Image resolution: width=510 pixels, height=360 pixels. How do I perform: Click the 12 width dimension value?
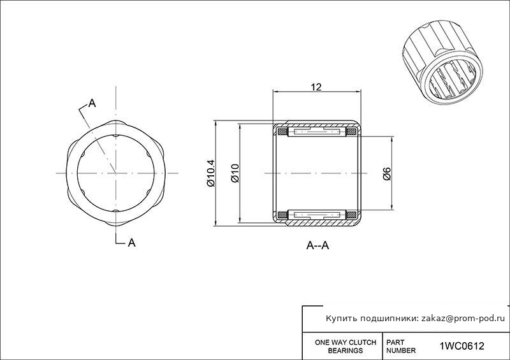coord(316,87)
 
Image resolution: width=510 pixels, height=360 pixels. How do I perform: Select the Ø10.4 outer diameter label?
coord(211,173)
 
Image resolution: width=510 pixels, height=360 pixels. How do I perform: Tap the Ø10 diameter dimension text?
coord(235,173)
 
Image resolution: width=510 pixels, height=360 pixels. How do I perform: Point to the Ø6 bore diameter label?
coord(387,173)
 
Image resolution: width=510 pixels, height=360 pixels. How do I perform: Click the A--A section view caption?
coord(317,245)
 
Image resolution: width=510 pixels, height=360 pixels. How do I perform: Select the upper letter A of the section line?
coord(92,103)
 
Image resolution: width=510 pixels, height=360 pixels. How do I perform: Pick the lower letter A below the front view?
coord(131,243)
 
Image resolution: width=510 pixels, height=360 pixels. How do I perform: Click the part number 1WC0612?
coord(462,346)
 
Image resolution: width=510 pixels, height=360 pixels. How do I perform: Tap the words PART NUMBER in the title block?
coord(401,347)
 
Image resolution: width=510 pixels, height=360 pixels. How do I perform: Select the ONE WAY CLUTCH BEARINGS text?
coord(346,347)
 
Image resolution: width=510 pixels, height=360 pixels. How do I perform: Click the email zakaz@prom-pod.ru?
coord(463,319)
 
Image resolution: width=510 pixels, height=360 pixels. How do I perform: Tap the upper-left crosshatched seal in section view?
coord(282,132)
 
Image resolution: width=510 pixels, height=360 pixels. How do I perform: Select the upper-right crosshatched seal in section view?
coord(351,132)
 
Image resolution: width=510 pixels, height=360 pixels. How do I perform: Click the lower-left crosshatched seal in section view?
coord(282,215)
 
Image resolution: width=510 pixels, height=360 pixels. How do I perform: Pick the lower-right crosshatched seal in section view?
coord(351,215)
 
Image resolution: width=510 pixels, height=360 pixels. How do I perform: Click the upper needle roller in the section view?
coord(316,132)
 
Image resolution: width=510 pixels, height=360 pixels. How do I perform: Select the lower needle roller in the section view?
coord(316,215)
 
